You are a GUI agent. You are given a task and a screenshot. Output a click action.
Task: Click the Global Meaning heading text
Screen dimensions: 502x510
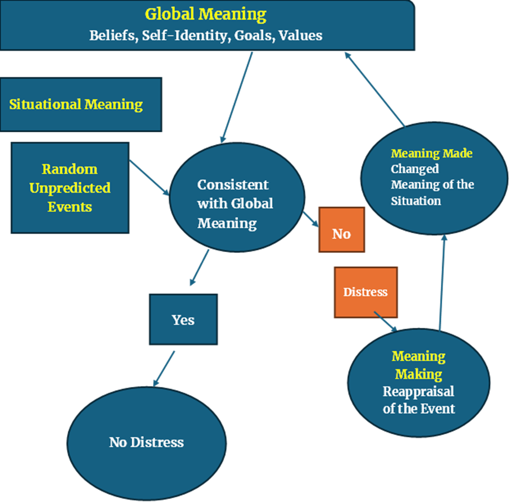pos(206,14)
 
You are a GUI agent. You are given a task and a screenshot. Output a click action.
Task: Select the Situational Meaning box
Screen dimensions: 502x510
pos(80,104)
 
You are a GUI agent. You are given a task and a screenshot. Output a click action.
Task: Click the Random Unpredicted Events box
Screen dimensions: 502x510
pos(70,187)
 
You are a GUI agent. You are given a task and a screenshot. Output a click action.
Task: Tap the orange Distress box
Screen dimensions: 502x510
pos(366,292)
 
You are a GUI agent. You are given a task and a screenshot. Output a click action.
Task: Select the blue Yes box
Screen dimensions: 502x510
pos(183,319)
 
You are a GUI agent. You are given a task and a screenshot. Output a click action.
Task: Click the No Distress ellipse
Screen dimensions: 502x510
pos(146,442)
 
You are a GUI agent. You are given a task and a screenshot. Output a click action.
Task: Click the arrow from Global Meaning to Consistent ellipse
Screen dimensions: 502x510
pos(237,97)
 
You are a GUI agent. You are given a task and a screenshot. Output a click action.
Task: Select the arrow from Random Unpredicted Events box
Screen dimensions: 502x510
pos(150,178)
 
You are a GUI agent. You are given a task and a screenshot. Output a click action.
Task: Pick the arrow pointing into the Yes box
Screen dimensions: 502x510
pos(198,267)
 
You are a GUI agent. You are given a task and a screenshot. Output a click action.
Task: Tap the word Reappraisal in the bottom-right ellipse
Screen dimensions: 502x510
pos(418,392)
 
